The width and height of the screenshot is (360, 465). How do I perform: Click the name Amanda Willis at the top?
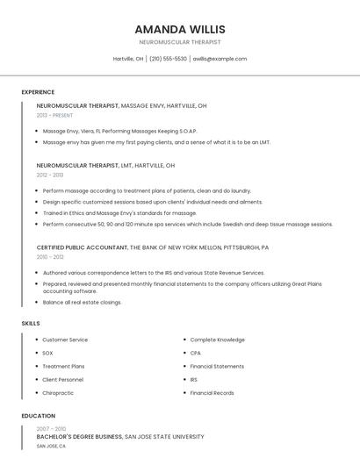180,28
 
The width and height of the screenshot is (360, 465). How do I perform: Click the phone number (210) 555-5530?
168,59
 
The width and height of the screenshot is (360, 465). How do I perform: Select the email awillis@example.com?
220,59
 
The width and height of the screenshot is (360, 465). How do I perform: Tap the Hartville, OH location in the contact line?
128,59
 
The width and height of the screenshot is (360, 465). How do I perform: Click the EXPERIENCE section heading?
38,92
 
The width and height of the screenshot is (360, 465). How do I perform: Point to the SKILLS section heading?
31,324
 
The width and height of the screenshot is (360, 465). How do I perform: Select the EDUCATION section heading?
39,416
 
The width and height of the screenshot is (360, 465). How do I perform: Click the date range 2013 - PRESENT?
54,115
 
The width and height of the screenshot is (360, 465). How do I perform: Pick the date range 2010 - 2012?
50,257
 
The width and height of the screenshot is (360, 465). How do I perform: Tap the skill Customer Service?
65,340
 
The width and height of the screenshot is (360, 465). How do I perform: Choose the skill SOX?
47,353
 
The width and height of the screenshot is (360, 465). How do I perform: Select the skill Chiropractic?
58,393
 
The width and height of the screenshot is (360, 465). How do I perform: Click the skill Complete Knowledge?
217,340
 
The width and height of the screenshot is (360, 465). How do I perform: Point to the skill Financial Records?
212,393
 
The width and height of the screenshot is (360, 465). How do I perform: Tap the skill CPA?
195,353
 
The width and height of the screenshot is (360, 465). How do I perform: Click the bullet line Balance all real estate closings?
82,303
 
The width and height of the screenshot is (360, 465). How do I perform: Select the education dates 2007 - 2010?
51,428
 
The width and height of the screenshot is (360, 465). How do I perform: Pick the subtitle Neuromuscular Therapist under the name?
180,42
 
